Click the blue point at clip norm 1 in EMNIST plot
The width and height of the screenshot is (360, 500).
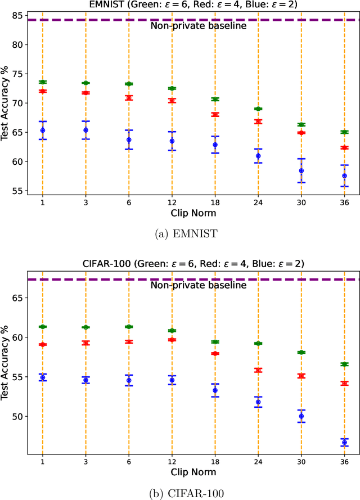43,130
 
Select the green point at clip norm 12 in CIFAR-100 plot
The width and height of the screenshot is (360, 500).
172,331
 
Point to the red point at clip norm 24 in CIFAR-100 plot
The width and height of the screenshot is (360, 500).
258,370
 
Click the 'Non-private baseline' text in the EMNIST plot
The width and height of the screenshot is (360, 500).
191,25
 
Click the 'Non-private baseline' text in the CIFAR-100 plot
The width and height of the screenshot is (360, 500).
191,285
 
